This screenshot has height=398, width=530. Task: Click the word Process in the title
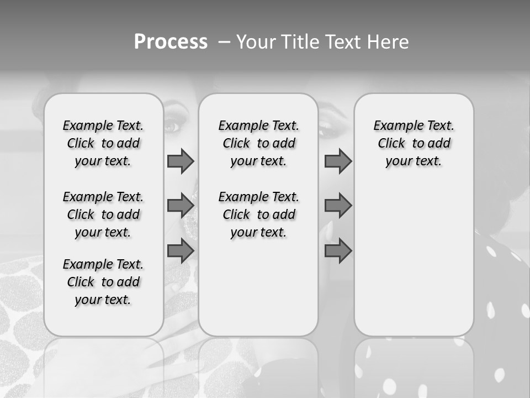(x=171, y=42)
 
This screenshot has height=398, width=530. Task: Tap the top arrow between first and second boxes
(x=181, y=161)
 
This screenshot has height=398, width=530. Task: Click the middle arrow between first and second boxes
(x=181, y=206)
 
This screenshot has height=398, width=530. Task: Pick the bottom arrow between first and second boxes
(x=181, y=251)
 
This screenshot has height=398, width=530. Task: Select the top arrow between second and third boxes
(x=338, y=161)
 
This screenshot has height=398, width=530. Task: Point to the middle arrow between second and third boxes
(x=338, y=206)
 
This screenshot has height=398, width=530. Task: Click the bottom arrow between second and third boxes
(x=338, y=251)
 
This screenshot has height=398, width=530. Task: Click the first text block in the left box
(x=103, y=143)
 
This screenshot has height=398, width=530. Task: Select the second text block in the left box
(x=103, y=214)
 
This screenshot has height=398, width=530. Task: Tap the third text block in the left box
(x=103, y=282)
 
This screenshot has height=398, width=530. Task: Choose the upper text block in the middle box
(x=258, y=143)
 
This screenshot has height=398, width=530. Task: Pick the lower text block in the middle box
(x=258, y=214)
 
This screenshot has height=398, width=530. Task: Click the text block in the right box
(x=414, y=143)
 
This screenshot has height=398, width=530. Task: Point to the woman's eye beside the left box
(x=172, y=127)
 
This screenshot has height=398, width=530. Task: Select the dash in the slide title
(x=224, y=42)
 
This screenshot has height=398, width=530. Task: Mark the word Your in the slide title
(x=256, y=42)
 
